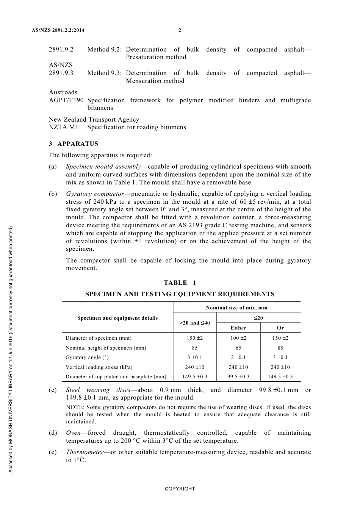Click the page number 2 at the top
click(180, 30)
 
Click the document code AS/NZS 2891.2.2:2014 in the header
click(56, 30)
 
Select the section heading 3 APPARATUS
click(74, 144)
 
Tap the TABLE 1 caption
click(180, 283)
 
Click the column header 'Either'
click(238, 328)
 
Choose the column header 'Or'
click(280, 328)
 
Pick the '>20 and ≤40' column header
click(194, 323)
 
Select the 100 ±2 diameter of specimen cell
click(238, 338)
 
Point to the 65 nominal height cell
click(238, 348)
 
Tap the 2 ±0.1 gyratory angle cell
click(238, 357)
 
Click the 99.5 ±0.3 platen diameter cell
click(238, 376)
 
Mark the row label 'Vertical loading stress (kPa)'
click(99, 367)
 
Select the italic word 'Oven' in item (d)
click(74, 433)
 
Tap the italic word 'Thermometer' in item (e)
click(85, 452)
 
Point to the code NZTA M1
click(63, 127)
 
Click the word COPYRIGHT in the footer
click(180, 489)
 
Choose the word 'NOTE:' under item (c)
click(75, 408)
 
